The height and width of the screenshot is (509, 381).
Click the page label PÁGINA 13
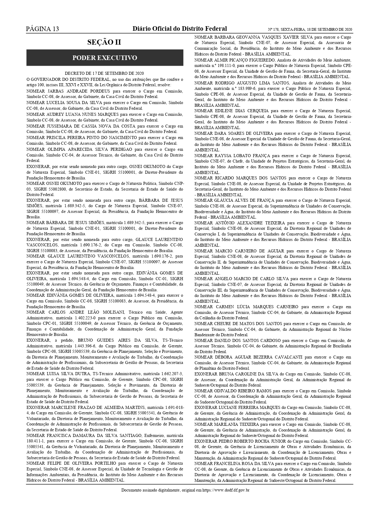[42, 29]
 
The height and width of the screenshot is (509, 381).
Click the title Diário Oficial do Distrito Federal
[179, 29]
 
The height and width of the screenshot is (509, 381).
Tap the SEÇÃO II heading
[104, 42]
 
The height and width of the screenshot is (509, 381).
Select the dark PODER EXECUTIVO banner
[105, 58]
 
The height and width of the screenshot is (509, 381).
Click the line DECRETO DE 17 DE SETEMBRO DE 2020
[104, 73]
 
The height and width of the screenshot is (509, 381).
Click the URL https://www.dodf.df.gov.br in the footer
[225, 490]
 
